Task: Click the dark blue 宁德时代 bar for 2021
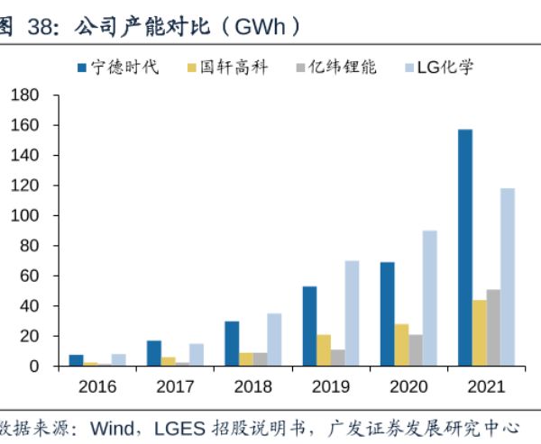click(465, 248)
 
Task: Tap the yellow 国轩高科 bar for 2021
click(480, 332)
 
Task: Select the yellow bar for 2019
click(324, 349)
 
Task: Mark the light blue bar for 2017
click(197, 354)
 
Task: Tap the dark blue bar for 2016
click(76, 359)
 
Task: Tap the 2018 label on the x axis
click(252, 387)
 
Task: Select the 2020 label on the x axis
click(408, 387)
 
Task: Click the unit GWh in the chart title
click(260, 26)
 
